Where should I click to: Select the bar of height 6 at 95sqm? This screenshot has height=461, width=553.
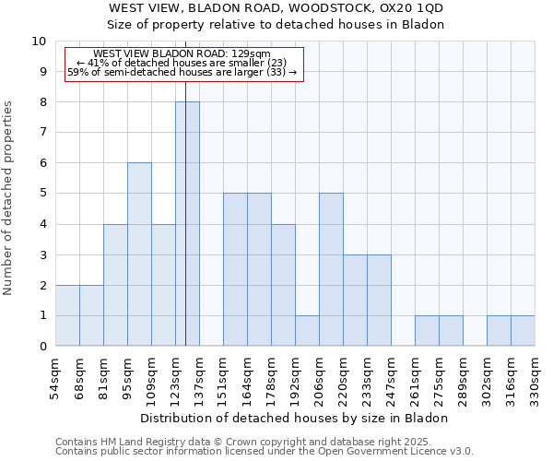[x=139, y=254]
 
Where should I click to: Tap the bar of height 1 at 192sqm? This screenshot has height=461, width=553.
[x=307, y=331]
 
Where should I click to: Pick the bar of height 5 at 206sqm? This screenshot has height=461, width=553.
[x=331, y=269]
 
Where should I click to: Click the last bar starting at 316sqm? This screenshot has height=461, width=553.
[x=523, y=331]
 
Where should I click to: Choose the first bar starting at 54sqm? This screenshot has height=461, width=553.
[x=67, y=315]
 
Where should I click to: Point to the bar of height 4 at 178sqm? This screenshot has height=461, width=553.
[x=283, y=285]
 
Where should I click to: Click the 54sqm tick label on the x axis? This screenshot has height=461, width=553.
[x=56, y=379]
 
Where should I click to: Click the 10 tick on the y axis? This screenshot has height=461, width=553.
[x=39, y=41]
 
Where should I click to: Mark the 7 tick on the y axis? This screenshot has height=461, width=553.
[x=42, y=133]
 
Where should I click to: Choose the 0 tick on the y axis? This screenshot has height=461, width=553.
[x=42, y=347]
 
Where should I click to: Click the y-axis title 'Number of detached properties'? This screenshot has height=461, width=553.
[x=9, y=198]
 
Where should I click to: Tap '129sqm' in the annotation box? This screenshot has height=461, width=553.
[x=252, y=54]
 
